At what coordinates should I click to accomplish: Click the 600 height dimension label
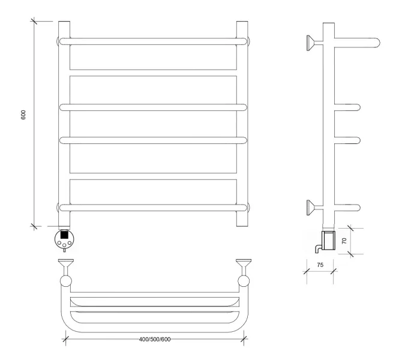(23, 115)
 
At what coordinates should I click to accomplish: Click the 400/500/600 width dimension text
(155, 340)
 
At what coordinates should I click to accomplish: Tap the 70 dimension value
(344, 241)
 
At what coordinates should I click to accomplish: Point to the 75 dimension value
(320, 265)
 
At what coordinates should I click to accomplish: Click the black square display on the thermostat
(64, 235)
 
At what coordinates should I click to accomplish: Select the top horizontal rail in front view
(153, 41)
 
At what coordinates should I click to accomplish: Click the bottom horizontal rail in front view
(153, 208)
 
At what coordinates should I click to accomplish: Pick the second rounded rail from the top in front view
(153, 107)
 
